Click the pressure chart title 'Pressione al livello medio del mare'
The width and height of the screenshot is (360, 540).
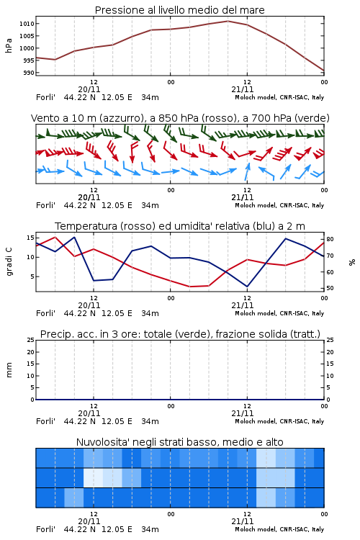[179, 10]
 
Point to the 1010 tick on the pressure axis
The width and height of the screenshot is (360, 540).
[27, 24]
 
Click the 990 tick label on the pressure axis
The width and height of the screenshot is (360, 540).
[29, 73]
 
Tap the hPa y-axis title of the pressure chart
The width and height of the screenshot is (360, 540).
[9, 45]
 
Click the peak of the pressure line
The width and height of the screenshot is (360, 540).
[228, 21]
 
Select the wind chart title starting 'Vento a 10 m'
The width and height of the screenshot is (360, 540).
[180, 118]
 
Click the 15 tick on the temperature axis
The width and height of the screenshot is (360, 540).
[30, 238]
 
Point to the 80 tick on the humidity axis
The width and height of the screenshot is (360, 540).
[330, 239]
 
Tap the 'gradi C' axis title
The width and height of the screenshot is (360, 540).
[9, 261]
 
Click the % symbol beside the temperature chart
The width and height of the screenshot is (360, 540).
[352, 262]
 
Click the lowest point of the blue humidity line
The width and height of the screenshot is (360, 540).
[247, 287]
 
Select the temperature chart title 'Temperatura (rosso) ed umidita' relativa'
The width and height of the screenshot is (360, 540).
[179, 226]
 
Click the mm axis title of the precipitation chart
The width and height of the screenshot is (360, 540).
[9, 370]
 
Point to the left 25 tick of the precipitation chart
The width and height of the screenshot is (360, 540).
[31, 340]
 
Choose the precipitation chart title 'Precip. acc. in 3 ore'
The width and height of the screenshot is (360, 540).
[180, 334]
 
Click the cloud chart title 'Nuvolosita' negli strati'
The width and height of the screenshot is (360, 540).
[179, 442]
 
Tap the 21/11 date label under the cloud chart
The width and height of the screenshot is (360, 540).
[242, 521]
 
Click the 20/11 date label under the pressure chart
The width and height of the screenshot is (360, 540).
[89, 89]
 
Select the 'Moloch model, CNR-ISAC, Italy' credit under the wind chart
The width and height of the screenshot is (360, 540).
[279, 206]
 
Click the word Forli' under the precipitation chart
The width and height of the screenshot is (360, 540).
[45, 421]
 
